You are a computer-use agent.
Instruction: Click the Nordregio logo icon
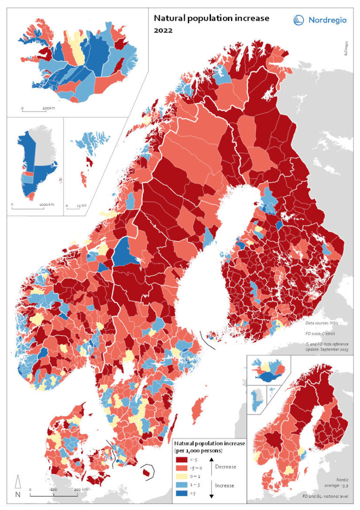[x=299, y=20]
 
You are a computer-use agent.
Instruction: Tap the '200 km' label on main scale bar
[x=81, y=489]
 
